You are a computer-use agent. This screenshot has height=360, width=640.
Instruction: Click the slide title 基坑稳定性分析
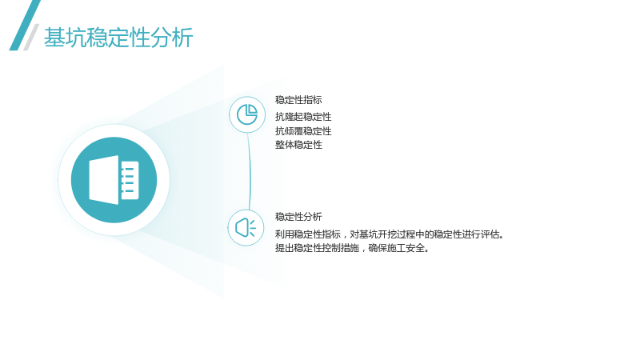(x=118, y=38)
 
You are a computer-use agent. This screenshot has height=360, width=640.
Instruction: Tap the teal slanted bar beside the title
(x=25, y=26)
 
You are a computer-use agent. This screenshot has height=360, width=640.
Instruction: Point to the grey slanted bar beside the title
(x=31, y=37)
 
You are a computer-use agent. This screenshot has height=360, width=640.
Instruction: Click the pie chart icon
(x=247, y=114)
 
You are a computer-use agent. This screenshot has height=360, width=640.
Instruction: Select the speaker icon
(x=246, y=228)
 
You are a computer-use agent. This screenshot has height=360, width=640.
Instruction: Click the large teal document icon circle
(x=114, y=180)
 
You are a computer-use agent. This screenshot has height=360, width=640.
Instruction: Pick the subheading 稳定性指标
(x=298, y=100)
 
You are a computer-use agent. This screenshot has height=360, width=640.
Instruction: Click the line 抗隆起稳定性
(x=303, y=117)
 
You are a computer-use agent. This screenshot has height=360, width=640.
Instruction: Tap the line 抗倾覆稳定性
(x=303, y=131)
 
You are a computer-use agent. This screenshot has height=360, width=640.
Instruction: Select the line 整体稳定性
(x=298, y=145)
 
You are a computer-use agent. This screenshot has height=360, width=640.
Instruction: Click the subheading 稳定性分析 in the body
(x=298, y=217)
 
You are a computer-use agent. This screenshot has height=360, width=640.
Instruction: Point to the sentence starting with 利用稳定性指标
(x=390, y=234)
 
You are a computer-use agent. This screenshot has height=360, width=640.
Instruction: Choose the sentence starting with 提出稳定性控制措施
(x=352, y=248)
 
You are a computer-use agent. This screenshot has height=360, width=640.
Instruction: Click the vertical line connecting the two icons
(x=249, y=171)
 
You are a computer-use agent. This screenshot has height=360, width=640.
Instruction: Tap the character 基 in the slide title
(x=54, y=38)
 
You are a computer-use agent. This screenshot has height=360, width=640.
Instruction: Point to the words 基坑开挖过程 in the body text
(x=387, y=234)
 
